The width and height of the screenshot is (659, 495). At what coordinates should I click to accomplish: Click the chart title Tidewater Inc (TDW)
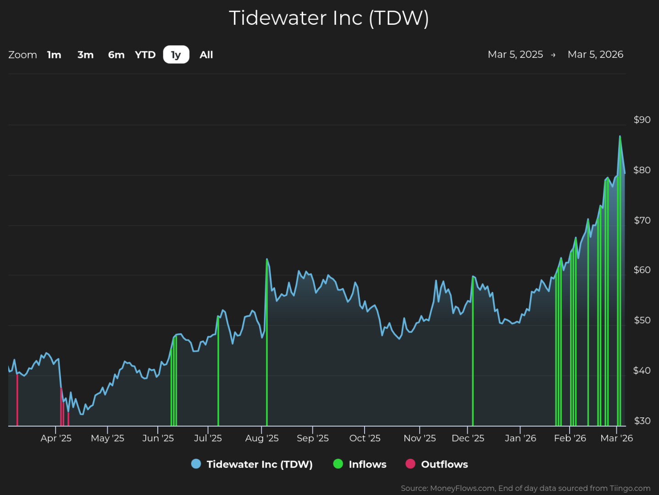[329, 18]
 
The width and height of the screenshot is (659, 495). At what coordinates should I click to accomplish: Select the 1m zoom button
[54, 55]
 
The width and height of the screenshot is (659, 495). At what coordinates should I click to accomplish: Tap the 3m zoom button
[85, 55]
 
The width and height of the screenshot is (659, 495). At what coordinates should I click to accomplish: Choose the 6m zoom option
[116, 55]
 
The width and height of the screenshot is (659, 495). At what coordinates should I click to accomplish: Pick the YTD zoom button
[145, 55]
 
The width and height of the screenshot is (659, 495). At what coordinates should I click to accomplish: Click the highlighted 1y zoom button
[176, 55]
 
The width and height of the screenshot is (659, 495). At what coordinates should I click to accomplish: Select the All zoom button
[206, 55]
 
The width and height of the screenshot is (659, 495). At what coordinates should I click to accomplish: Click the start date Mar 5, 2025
[515, 55]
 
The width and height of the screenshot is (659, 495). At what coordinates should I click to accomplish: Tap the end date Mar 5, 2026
[595, 55]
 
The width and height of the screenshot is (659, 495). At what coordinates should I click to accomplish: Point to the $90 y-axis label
[642, 120]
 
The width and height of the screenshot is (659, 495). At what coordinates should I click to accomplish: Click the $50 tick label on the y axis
[642, 320]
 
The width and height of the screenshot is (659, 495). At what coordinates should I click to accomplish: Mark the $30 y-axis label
[642, 421]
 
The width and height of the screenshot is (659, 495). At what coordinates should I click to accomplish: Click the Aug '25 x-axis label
[262, 438]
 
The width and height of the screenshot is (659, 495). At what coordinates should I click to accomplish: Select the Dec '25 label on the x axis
[468, 438]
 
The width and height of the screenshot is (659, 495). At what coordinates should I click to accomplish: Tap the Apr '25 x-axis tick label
[56, 438]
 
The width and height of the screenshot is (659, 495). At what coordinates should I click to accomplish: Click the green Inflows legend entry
[360, 464]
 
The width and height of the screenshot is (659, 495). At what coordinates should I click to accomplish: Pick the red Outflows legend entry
[437, 464]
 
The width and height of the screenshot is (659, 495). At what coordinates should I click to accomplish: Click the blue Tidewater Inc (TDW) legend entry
[252, 464]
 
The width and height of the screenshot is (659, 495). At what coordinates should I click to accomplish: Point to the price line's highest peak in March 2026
[620, 136]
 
